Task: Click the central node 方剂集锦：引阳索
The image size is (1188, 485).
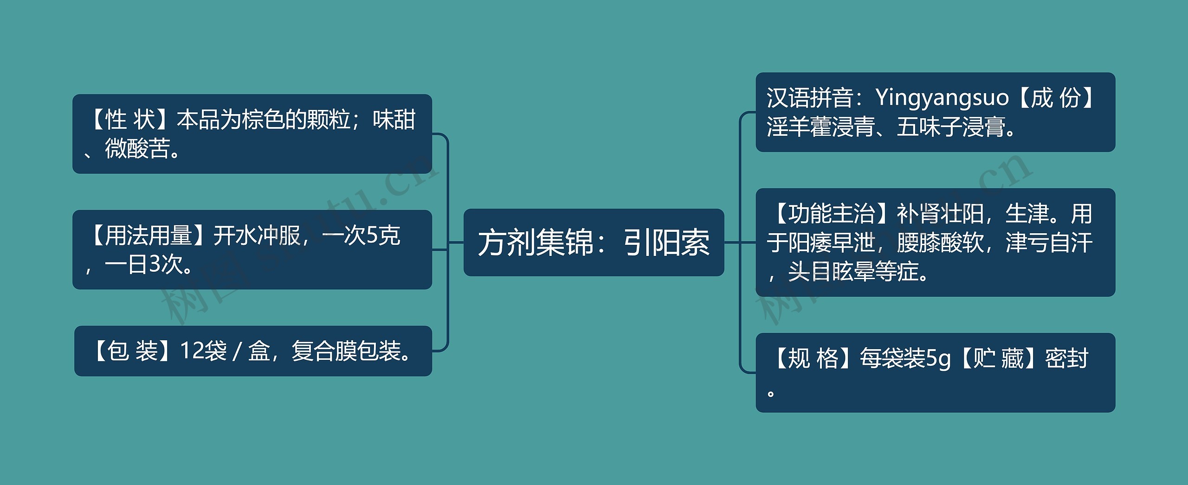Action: (594, 242)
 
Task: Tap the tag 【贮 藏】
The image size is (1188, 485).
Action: (998, 358)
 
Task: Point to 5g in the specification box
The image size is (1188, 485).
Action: (938, 358)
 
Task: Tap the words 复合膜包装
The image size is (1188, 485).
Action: (346, 351)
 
